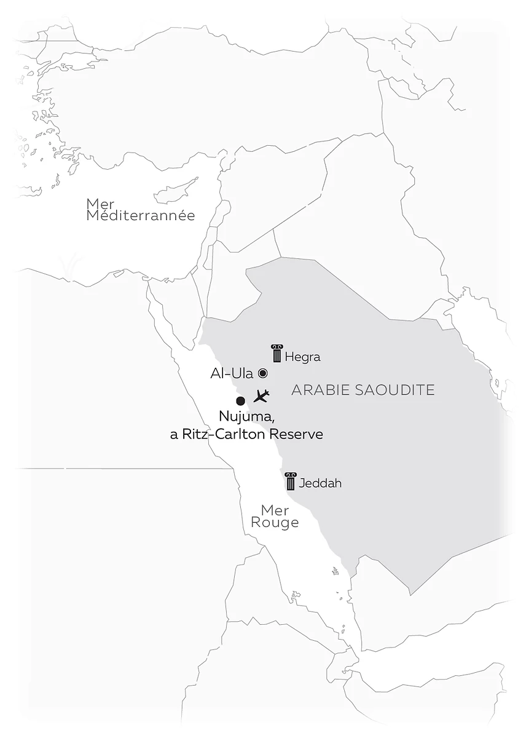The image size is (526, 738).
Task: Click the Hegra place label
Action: click(x=303, y=357)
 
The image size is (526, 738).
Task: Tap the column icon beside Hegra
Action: click(x=277, y=353)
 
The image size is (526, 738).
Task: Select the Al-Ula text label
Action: click(x=232, y=373)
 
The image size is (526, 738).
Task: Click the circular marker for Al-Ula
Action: click(x=262, y=373)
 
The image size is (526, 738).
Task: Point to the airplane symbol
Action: click(x=261, y=395)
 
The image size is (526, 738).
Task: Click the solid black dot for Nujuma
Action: click(x=241, y=401)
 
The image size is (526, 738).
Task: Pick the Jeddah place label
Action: click(x=320, y=483)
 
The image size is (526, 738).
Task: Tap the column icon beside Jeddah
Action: click(x=291, y=481)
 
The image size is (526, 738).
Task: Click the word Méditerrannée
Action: click(x=141, y=216)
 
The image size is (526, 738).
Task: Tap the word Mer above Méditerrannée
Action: click(x=101, y=204)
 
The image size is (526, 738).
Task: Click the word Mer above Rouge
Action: click(x=275, y=510)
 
